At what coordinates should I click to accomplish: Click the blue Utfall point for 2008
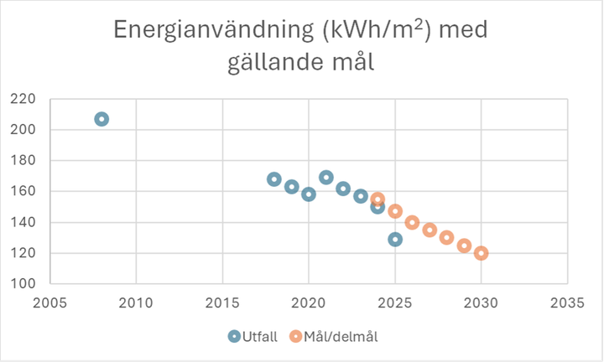point(102,119)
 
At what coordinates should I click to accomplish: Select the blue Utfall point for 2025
point(395,239)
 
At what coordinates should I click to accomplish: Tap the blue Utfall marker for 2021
point(326,178)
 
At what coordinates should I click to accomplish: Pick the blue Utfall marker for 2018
point(274,179)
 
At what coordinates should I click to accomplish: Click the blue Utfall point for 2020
point(309,194)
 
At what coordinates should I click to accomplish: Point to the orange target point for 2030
point(482,253)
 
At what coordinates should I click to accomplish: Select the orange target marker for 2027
point(430,230)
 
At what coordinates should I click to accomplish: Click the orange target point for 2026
point(412,222)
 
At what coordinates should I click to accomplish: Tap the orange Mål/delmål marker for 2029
point(464,246)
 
